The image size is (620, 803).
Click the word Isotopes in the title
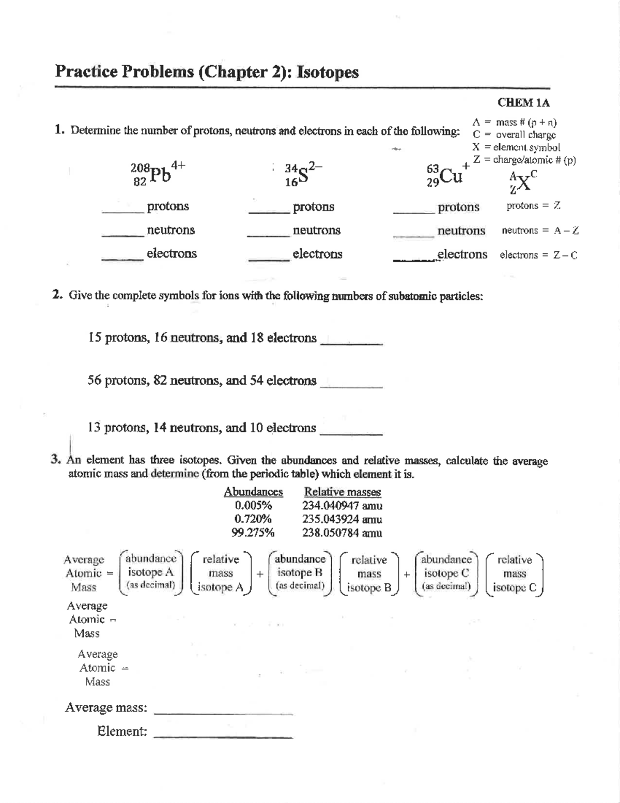tap(329, 72)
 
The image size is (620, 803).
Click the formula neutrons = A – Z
tap(540, 231)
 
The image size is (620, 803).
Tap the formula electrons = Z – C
tap(538, 255)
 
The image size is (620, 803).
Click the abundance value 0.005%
tap(253, 506)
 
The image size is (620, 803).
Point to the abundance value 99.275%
tap(253, 533)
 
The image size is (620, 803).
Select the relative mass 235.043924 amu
tap(342, 519)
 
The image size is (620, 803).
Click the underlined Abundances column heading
tap(253, 492)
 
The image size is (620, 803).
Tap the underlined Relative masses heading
tap(343, 492)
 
